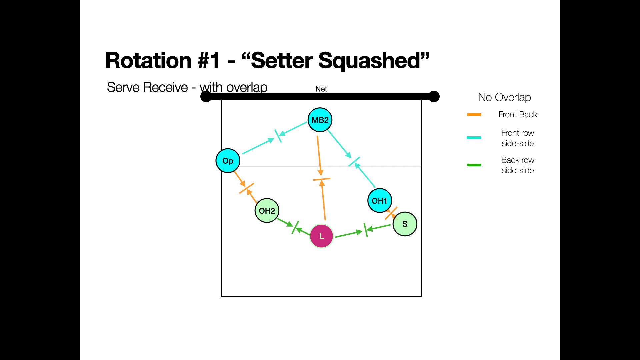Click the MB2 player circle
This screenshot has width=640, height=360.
point(320,120)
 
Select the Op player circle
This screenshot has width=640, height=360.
point(228,161)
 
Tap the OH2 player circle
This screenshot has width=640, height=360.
point(267,211)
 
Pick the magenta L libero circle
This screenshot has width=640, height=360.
point(321,236)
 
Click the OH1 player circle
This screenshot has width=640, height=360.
point(379,201)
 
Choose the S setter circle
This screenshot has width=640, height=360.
point(405,224)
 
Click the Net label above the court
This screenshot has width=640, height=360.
point(321,89)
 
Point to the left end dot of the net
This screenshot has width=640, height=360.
point(206,97)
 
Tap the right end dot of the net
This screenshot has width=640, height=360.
point(434,97)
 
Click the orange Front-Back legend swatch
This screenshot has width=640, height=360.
point(474,115)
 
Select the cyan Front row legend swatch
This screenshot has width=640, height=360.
point(474,137)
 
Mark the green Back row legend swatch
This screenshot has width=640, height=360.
point(474,165)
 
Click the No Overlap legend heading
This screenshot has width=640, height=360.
point(504,97)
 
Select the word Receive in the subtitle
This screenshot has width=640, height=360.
point(166,87)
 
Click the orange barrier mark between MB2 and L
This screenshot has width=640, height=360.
point(321,179)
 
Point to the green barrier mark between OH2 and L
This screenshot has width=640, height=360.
point(295,227)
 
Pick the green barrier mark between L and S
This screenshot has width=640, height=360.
point(366,230)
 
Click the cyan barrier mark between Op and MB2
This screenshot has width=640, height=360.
point(278,136)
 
